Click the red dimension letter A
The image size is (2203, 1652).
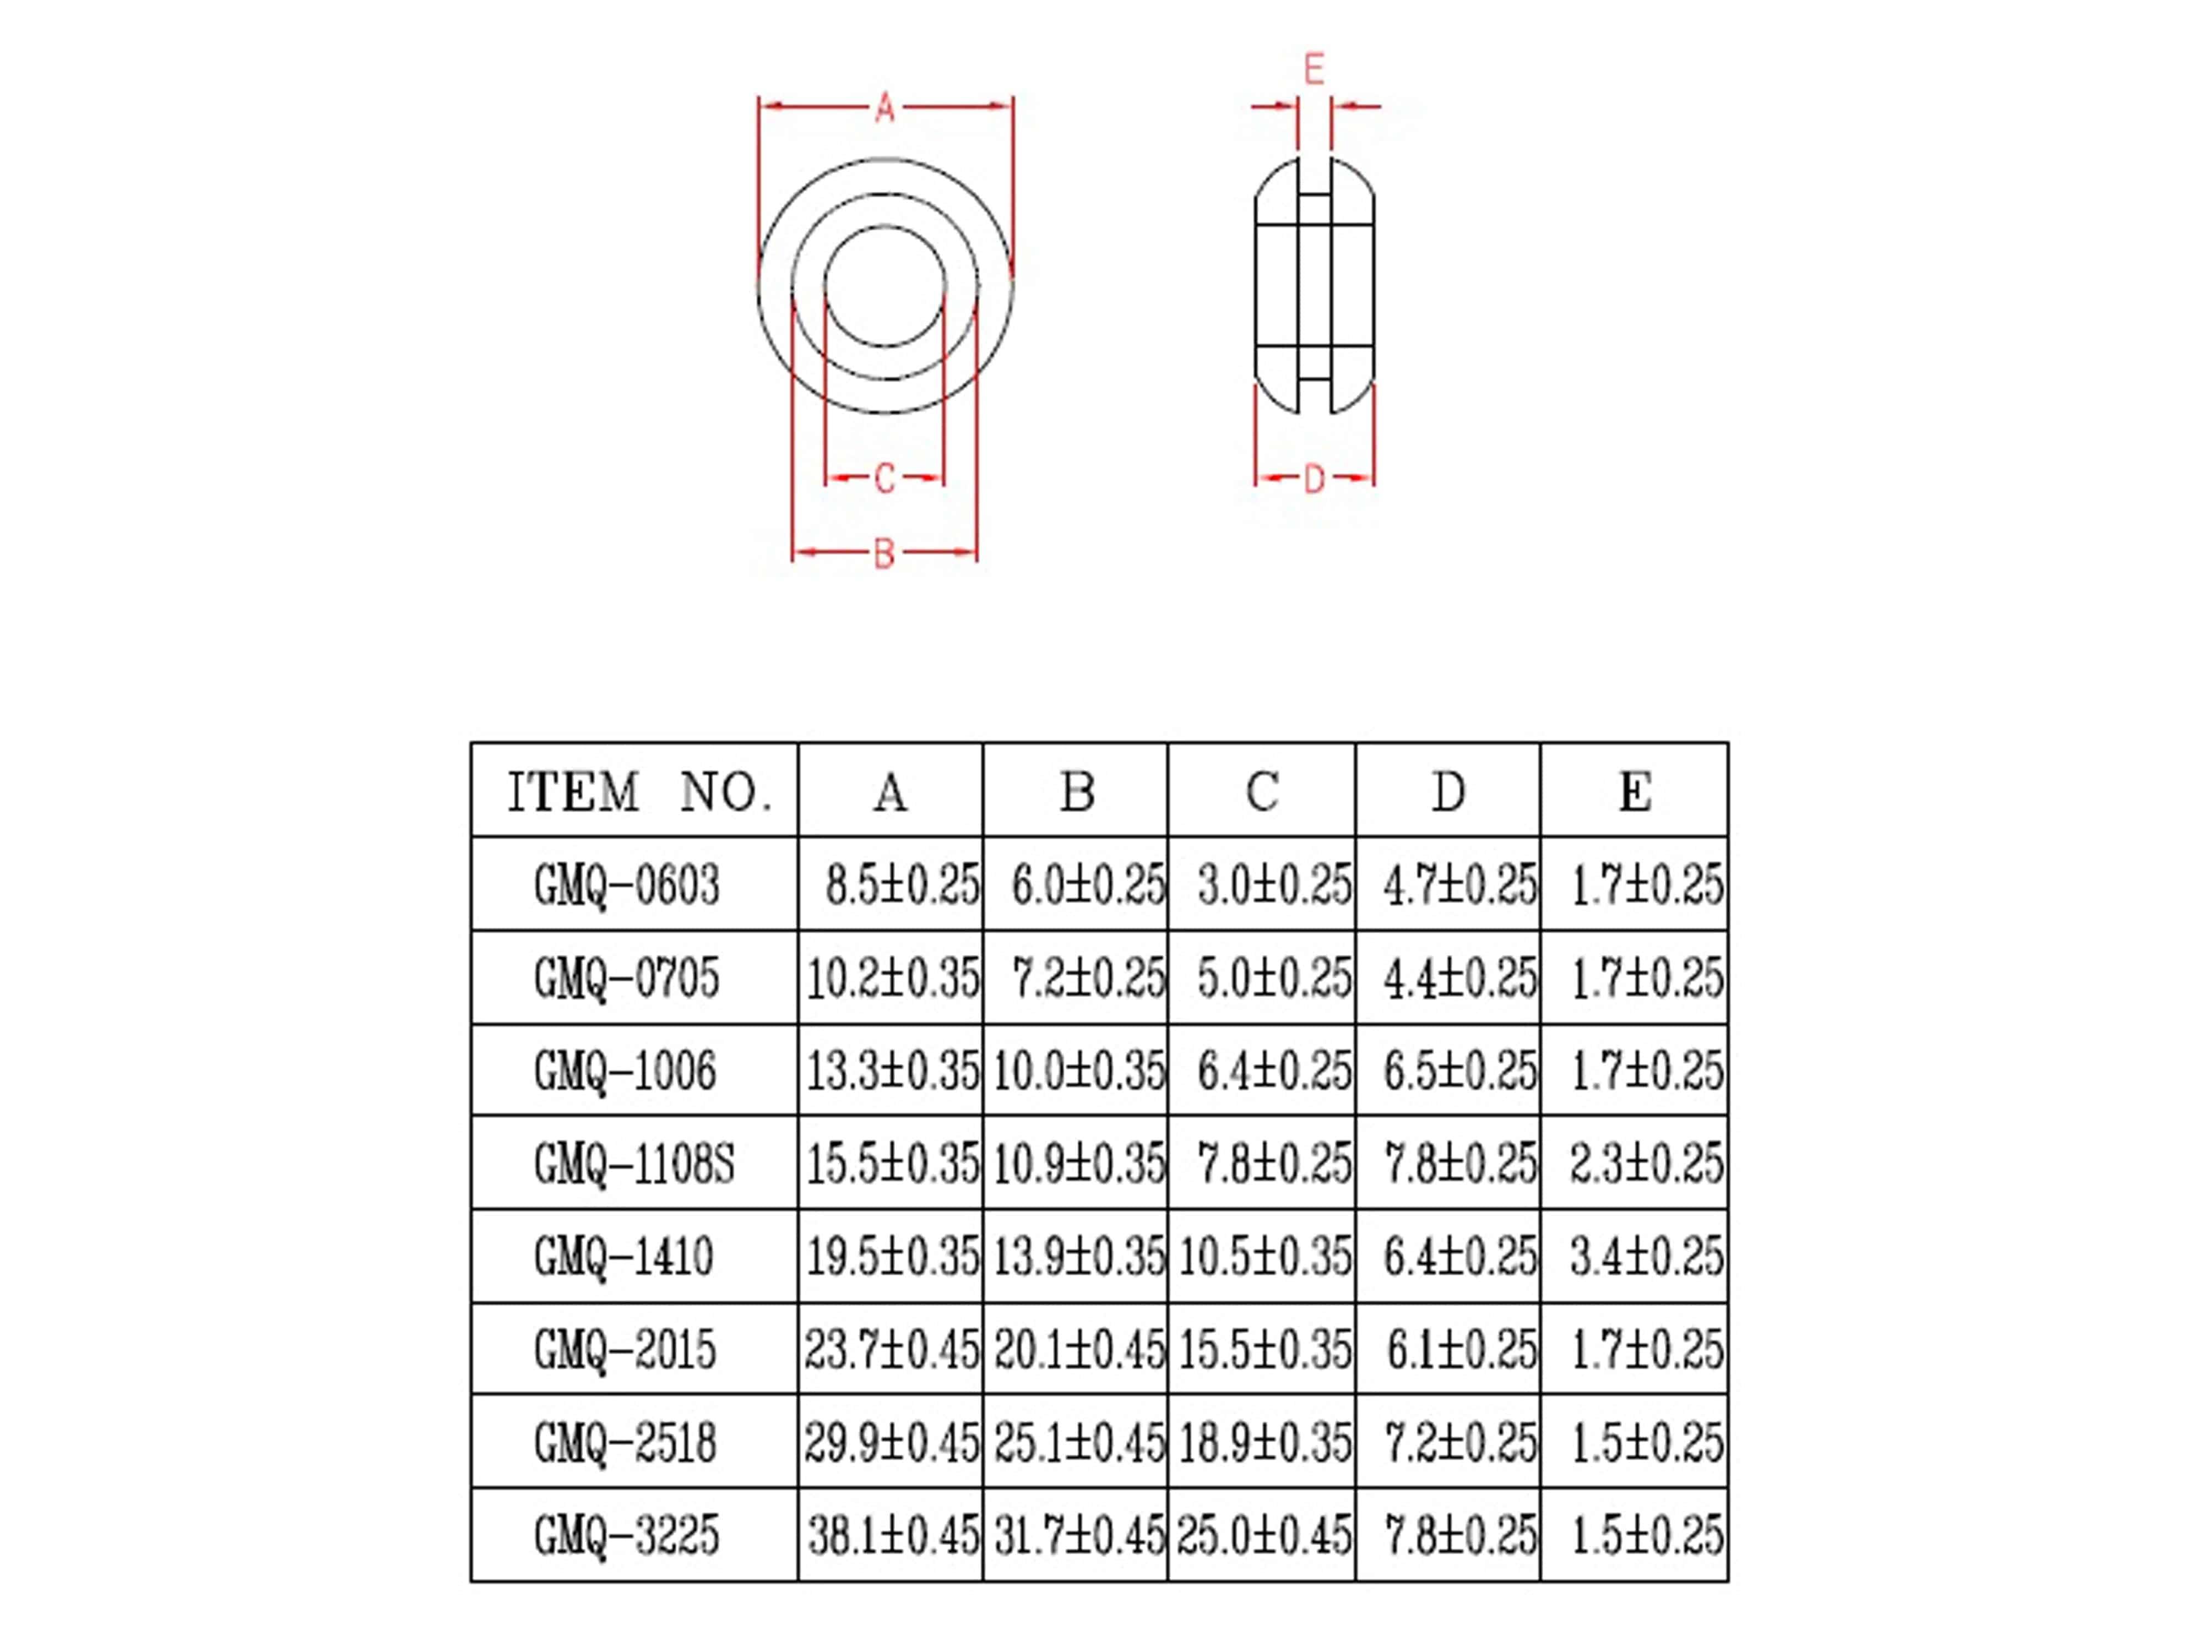[885, 107]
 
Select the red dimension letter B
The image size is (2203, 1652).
[883, 553]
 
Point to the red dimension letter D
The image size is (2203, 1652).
[1314, 479]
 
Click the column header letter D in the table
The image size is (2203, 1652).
[1448, 792]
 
